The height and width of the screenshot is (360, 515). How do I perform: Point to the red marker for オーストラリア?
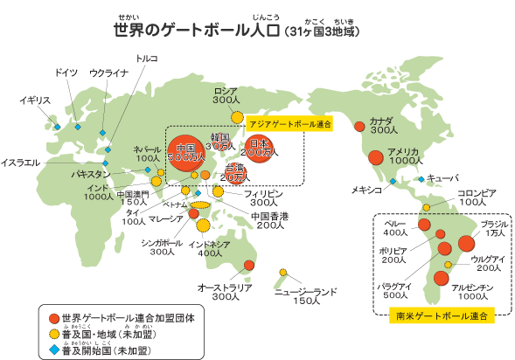click(249, 265)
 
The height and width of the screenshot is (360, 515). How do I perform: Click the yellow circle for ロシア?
click(237, 116)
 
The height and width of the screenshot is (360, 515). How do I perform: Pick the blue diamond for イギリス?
click(58, 128)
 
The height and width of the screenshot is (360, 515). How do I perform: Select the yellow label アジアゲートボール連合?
click(290, 125)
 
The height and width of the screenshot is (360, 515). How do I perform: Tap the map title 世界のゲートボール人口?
click(196, 31)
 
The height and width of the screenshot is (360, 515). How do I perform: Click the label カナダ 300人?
click(383, 125)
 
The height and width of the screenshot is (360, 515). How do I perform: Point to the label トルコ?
click(147, 59)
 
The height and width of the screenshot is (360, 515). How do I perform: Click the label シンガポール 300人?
click(161, 246)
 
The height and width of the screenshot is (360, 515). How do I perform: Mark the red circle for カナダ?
click(358, 127)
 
